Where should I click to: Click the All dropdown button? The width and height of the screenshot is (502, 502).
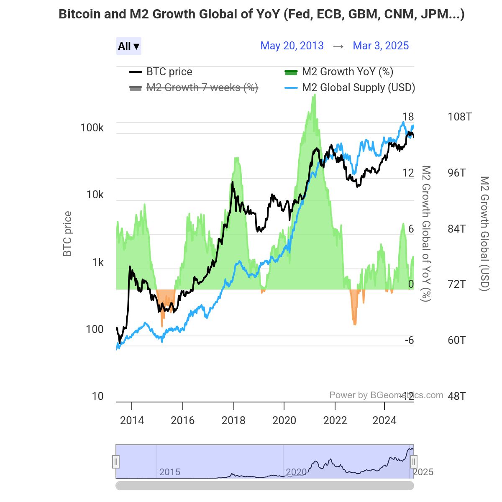coord(128,46)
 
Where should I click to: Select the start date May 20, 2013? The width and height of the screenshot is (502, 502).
coord(292,46)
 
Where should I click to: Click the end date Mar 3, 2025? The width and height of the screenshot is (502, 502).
coord(381,46)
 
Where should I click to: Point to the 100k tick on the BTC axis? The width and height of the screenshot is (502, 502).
coord(92,128)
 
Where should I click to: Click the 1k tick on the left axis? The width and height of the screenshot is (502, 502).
coord(98,263)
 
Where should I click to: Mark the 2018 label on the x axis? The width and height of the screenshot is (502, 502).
coord(233,420)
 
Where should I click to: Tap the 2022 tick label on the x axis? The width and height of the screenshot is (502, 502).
coord(335,420)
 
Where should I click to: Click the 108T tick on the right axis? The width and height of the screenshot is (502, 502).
coord(459,117)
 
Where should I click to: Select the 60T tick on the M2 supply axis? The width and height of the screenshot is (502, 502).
coord(456,340)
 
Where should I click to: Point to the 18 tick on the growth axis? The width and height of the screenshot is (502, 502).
coord(408,117)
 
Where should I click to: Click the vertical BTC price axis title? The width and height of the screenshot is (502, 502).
coord(67,234)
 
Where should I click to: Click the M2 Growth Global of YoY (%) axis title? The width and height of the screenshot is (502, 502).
coord(425,233)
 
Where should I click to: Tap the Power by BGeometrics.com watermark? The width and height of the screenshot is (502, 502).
coord(386,395)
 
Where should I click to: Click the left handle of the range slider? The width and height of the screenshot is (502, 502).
coord(116,462)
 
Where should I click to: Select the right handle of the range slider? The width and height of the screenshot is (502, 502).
coord(413,462)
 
